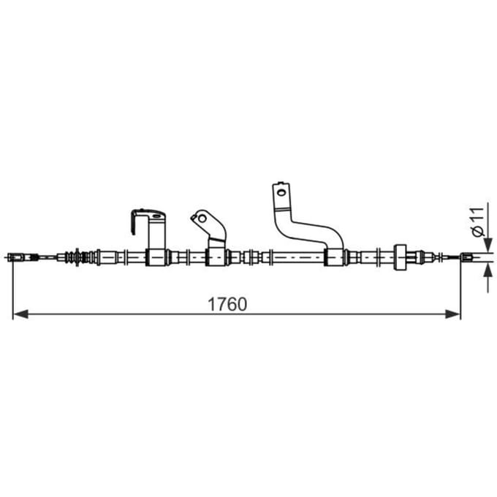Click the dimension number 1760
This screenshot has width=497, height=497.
pos(227,304)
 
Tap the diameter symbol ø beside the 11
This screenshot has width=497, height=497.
pos(478,232)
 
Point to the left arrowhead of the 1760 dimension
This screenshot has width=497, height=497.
pos(20,314)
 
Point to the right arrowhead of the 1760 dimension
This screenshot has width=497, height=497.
pos(452,314)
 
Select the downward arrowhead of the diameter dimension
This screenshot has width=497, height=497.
pos(488,244)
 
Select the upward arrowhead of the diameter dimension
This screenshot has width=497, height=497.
pos(488,270)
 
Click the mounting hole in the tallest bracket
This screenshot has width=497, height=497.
pos(281,192)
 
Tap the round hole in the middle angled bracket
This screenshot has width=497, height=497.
pos(202,219)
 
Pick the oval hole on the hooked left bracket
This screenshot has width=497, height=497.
pos(156,216)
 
